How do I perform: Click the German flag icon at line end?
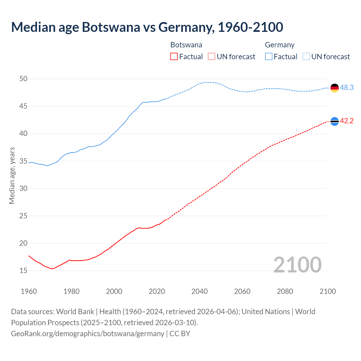click(334, 88)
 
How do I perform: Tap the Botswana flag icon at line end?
click(334, 121)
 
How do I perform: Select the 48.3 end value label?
click(347, 88)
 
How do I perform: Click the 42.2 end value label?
click(347, 121)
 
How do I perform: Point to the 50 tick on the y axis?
click(23, 79)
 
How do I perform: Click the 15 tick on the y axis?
click(23, 271)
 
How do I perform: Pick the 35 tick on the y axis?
click(23, 161)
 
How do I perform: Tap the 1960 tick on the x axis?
click(29, 291)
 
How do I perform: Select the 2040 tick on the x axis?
click(199, 291)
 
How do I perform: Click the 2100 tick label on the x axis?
click(327, 291)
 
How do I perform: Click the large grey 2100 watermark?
click(297, 265)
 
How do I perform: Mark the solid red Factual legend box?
click(174, 57)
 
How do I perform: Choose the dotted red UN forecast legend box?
click(212, 57)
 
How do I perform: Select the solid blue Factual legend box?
click(269, 57)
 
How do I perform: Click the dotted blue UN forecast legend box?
click(306, 57)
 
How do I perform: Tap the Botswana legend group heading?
click(186, 45)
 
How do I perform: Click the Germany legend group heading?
click(279, 45)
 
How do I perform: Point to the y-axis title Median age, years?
click(12, 175)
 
